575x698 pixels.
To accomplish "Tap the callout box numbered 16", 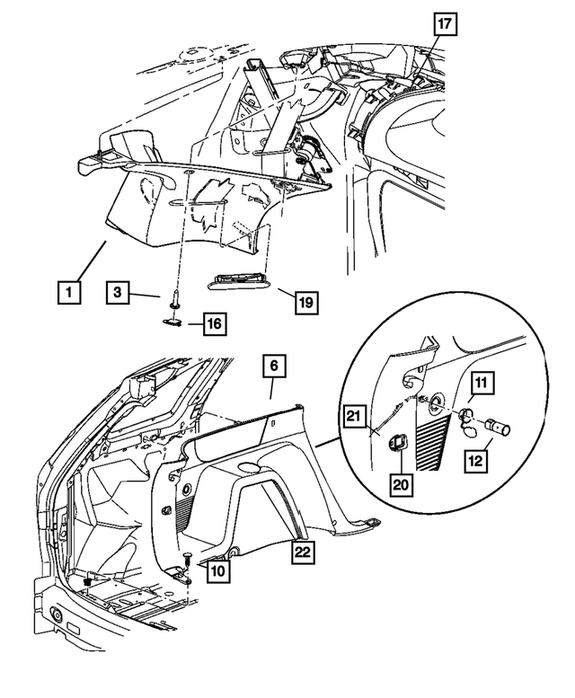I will pos(213,322).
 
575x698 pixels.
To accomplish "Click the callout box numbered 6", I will pos(274,366).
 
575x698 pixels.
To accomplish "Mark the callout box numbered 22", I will pos(302,554).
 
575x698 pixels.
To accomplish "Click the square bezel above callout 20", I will pos(396,442).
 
